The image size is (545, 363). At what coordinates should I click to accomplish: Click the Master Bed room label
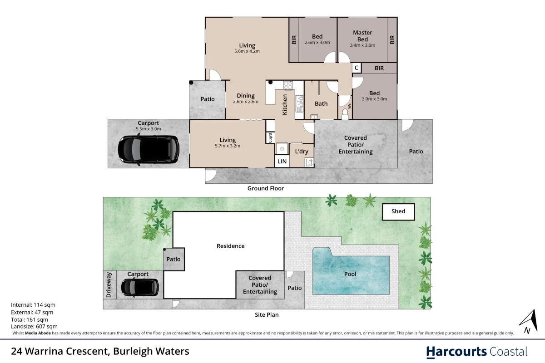coord(362,35)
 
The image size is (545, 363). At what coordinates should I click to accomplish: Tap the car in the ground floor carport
coord(148,149)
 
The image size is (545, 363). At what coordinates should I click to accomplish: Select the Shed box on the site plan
coord(399,211)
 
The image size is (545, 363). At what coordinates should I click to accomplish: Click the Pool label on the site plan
coord(350,274)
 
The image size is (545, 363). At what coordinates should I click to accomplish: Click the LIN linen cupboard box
coord(282,162)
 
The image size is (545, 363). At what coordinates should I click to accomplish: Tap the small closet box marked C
coord(357,68)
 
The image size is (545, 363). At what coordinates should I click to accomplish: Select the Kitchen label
coord(285,104)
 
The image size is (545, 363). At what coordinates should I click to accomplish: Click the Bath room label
coord(321,104)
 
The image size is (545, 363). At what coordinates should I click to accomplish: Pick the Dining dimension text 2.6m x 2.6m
coord(245,102)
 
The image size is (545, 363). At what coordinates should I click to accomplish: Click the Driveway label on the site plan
coord(109,285)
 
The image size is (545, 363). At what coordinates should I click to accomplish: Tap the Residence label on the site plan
coord(230,246)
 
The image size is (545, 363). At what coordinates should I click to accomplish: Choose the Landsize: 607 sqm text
coord(34,326)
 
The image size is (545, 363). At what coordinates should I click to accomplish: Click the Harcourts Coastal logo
coord(476,351)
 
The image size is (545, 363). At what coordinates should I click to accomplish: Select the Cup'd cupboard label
coord(270,137)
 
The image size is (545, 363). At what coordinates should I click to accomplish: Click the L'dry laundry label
coord(302,151)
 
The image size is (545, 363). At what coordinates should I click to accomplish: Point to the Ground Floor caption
coord(265,188)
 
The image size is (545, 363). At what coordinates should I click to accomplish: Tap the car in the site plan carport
coord(140,287)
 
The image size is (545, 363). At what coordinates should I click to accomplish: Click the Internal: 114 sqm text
coord(33,305)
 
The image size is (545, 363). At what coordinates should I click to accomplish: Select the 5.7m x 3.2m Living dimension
coord(228,146)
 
